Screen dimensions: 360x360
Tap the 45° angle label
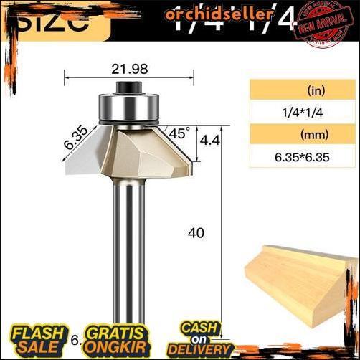[179, 133]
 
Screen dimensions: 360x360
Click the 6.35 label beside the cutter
[74, 137]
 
